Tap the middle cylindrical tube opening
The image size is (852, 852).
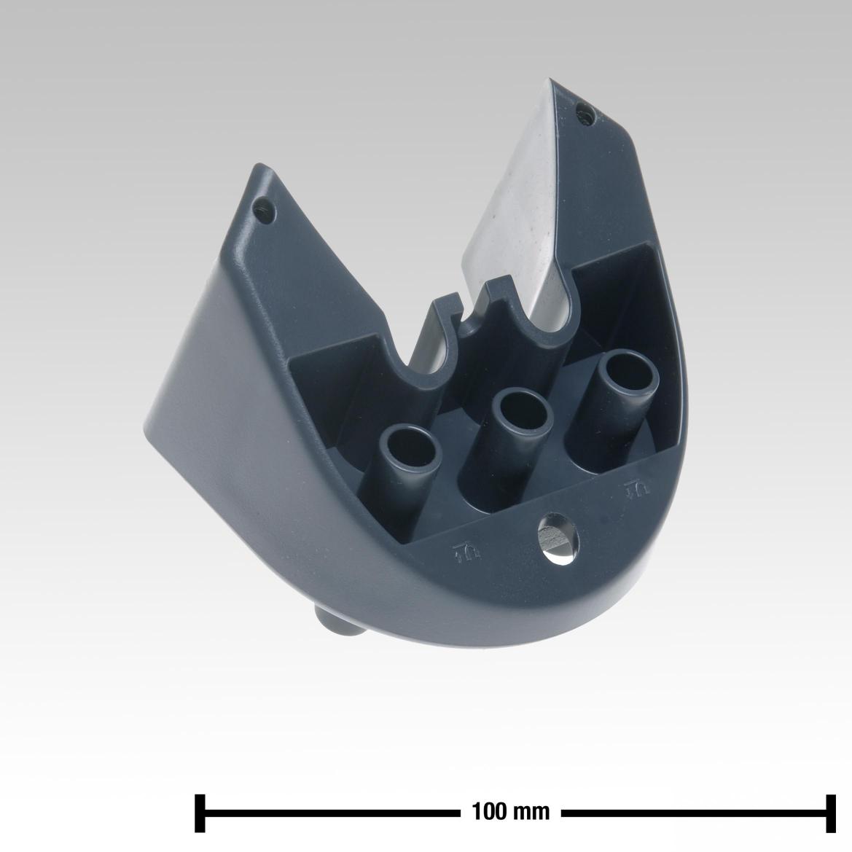point(523,415)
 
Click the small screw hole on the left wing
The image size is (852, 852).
point(264,208)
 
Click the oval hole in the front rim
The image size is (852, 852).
point(558,537)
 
